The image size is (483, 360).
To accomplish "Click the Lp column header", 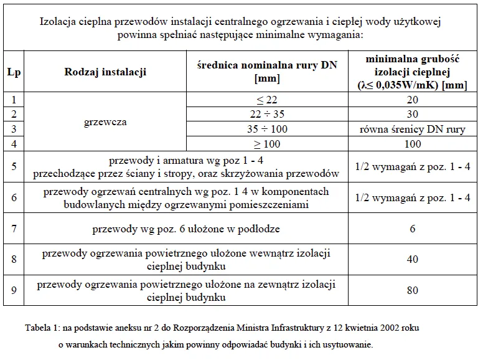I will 14,72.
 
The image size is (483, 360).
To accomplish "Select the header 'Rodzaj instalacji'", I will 105,72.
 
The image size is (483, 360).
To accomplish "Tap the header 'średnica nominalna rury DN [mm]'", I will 267,72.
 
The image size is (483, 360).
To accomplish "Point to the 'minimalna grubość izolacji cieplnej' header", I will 413,72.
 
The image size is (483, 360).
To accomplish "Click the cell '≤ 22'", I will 267,100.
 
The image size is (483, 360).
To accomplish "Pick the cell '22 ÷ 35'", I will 267,115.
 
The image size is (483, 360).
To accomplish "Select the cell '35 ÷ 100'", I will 267,130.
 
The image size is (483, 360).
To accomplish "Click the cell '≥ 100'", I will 267,144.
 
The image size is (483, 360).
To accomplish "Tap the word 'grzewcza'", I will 105,122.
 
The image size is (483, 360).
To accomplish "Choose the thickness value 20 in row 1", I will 413,100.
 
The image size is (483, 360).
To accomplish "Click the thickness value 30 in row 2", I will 413,115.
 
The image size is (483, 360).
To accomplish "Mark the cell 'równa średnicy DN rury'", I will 413,130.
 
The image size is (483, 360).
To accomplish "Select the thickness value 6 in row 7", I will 413,229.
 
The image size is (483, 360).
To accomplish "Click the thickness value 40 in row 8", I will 413,259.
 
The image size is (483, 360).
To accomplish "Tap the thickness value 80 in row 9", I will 413,290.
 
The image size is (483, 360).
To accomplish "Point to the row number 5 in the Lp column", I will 14,166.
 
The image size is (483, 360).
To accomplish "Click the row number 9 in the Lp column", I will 14,290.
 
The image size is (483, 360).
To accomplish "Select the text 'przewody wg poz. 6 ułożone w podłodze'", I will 186,229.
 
